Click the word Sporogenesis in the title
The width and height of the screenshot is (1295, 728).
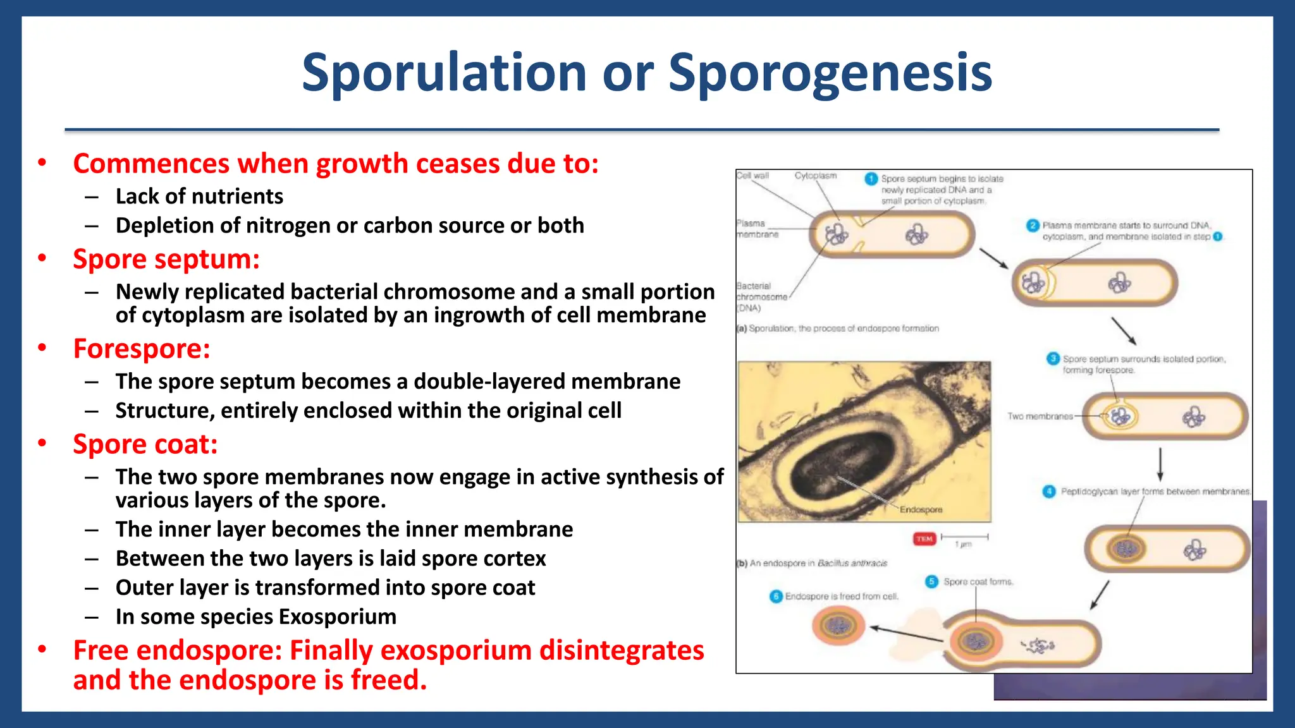tap(830, 73)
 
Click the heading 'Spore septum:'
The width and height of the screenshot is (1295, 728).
tap(166, 260)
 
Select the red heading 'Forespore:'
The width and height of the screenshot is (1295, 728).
tap(142, 349)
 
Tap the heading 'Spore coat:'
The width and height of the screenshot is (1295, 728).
tap(145, 445)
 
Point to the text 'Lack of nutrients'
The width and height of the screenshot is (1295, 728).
tap(199, 197)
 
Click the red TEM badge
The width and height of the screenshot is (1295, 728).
tap(924, 538)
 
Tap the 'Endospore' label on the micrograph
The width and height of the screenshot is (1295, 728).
tap(921, 509)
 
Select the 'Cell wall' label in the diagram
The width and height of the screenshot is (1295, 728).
tap(752, 176)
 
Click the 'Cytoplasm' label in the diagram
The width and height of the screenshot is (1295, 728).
tap(815, 176)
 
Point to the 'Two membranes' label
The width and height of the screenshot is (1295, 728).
tap(1040, 416)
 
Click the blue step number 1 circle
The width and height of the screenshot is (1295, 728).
tap(871, 179)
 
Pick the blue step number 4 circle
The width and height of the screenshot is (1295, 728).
tap(1049, 492)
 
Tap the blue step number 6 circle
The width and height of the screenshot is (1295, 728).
tap(776, 597)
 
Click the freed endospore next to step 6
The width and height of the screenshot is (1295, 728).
tap(838, 626)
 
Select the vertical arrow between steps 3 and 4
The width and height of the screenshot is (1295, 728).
tap(1160, 464)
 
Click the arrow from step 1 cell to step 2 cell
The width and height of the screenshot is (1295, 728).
tap(993, 258)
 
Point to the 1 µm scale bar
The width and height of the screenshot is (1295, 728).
tap(964, 537)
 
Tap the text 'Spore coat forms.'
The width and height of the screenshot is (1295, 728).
tap(978, 582)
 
